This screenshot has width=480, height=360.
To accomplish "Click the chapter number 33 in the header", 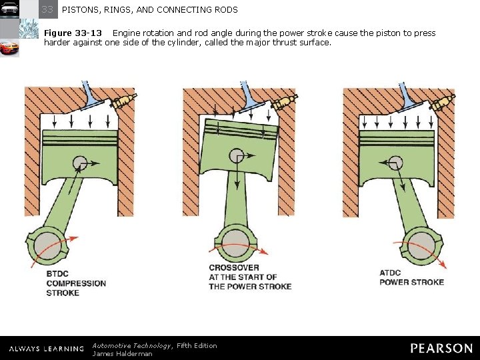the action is [x=47, y=9].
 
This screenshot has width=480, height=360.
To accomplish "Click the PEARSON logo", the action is [x=442, y=349].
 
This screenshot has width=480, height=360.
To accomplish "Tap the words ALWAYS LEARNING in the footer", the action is [x=47, y=349].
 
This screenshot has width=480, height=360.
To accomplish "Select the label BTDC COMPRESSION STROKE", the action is [x=76, y=283].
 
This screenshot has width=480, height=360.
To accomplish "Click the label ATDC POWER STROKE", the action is [x=411, y=277].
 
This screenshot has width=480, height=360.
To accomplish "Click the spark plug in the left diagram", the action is [x=123, y=101].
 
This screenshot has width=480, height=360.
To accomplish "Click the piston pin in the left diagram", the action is [x=80, y=163].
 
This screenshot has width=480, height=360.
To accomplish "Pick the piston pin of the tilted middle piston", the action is [x=237, y=155].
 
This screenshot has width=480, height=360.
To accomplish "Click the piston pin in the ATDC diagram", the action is [x=395, y=163].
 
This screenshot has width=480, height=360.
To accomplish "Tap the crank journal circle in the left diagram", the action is [x=48, y=246].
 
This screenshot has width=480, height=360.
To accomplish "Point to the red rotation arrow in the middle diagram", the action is [x=238, y=246].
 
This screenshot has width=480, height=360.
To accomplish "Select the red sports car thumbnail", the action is [x=9, y=48].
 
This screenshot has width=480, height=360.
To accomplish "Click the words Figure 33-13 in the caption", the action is [x=73, y=33].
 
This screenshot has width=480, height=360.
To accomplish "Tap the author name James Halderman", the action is [x=122, y=353].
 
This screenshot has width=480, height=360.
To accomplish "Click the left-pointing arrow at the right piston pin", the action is [x=387, y=163].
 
